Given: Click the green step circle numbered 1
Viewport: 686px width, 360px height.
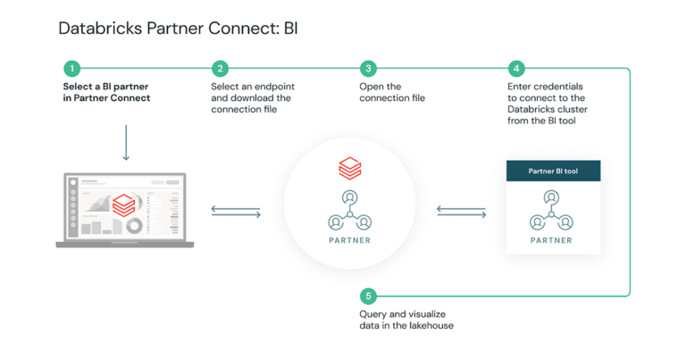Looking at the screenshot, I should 71,69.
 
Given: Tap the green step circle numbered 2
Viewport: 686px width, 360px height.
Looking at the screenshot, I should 220,69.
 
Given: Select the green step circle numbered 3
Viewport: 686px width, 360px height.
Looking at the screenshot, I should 368,69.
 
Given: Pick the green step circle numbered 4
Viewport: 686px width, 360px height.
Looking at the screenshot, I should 515,69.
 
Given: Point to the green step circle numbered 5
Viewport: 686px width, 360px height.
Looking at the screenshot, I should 367,295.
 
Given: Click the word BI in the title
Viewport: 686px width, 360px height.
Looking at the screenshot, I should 290,28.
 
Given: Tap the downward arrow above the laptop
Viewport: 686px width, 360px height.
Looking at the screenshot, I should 125,143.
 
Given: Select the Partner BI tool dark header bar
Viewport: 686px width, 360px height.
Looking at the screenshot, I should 552,171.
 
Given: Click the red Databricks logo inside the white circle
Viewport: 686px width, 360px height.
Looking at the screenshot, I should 349,167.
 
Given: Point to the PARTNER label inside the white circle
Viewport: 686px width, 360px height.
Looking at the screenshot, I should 349,240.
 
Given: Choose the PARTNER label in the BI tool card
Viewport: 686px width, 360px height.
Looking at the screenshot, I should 551,240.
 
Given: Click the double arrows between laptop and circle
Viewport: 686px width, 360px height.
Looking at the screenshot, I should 236,212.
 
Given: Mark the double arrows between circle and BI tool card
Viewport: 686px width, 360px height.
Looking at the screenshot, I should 461,212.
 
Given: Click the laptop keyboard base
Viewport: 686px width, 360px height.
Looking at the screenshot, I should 125,242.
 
